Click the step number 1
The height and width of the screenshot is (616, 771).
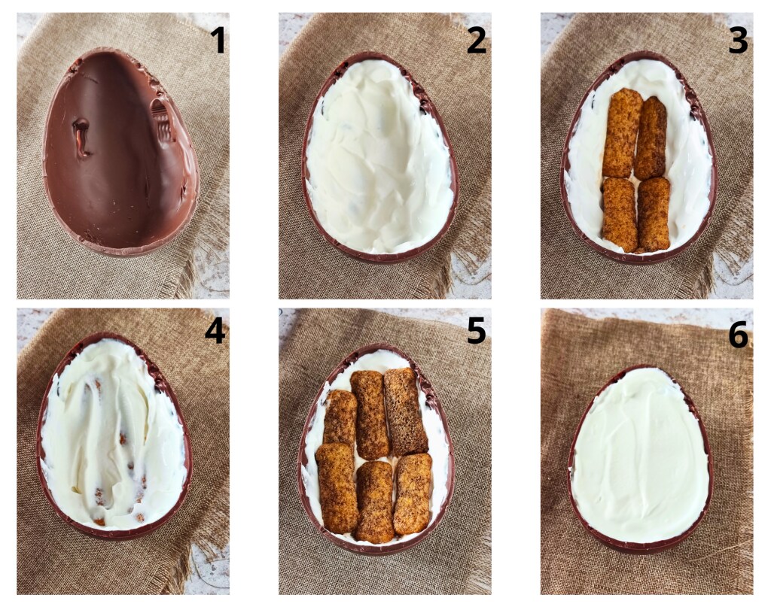coord(218,40)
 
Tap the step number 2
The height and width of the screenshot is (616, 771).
coord(476,40)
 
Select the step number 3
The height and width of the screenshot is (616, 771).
coord(737,40)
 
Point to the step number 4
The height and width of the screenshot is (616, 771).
coord(215,330)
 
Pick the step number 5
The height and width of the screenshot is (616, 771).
coord(476,330)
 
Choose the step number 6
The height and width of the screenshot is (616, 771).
coord(737,335)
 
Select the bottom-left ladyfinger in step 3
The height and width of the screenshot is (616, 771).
coord(619,214)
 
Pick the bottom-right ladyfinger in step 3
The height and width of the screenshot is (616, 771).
coord(653,214)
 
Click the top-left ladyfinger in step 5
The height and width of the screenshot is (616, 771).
coord(340,417)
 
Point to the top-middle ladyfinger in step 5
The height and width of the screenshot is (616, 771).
coord(370,414)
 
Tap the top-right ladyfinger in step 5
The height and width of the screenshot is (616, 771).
coord(404,411)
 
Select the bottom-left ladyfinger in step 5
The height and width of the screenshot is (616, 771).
coord(337,487)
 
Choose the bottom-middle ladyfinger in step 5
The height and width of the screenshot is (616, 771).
coord(374,500)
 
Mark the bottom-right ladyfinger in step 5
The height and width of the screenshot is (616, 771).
coord(413,493)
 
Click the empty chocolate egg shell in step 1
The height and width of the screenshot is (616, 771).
coord(120,150)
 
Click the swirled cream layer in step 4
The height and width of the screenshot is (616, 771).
coord(113,436)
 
